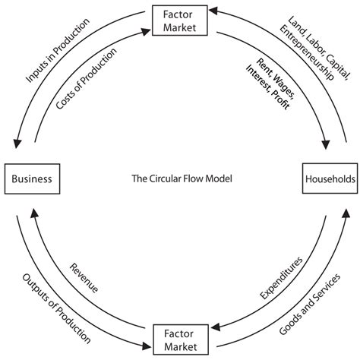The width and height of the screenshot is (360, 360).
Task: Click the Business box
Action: point(31,179)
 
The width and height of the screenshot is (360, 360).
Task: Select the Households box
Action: point(330,179)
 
